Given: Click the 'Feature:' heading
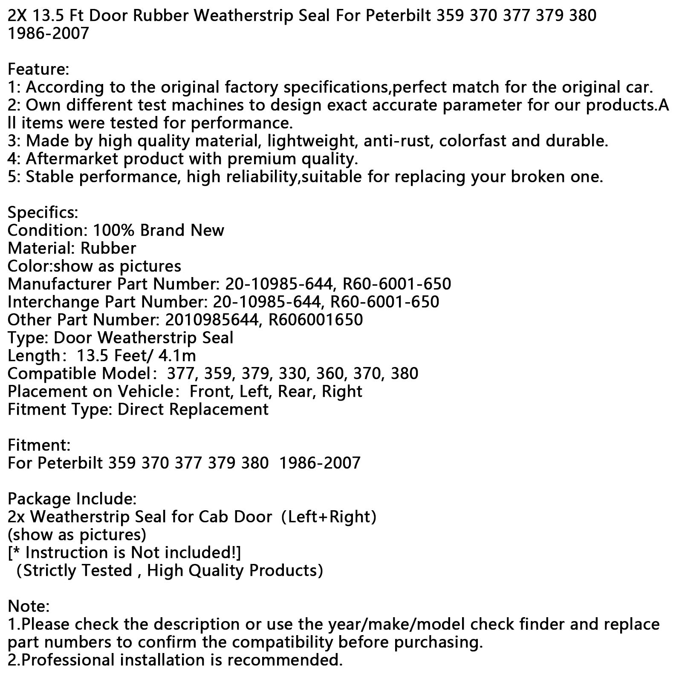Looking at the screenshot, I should point(38,69).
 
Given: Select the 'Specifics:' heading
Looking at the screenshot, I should point(43,212).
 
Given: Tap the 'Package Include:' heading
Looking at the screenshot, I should point(72,499).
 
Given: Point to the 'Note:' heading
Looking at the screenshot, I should point(29,606).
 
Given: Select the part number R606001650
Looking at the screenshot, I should point(315,320).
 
